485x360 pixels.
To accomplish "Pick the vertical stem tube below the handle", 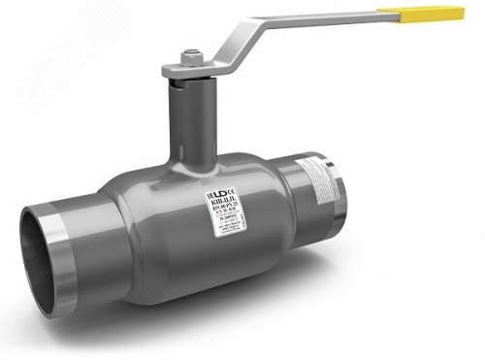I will click(184, 121).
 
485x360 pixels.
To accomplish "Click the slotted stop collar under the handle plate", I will click(184, 80).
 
